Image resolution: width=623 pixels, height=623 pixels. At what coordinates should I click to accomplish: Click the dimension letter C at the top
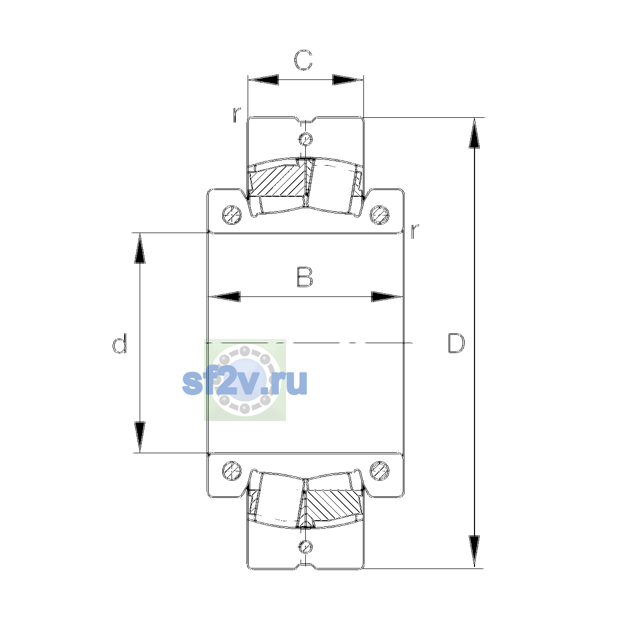(303, 60)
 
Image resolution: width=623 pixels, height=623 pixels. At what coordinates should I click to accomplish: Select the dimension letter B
(305, 277)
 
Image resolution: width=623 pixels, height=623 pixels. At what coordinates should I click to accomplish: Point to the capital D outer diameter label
(456, 343)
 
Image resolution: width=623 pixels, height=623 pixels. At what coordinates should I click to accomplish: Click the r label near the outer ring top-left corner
(237, 114)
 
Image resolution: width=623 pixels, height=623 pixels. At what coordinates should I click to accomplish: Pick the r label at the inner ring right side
(414, 231)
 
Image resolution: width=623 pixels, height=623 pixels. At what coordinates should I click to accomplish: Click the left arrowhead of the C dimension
(263, 79)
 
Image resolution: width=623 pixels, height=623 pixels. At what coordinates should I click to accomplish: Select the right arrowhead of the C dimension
(348, 79)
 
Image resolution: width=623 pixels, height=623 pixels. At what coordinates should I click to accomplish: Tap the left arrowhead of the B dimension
(224, 296)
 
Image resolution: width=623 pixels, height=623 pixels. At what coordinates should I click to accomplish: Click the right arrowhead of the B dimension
(387, 296)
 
